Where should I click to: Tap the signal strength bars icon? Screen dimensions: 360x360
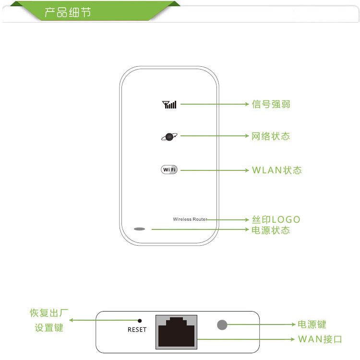click(x=169, y=104)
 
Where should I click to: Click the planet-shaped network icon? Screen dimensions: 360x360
click(x=169, y=137)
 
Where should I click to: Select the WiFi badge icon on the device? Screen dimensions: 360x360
click(x=169, y=170)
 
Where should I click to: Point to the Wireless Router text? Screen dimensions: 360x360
click(x=190, y=219)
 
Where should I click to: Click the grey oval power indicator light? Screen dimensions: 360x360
click(x=139, y=229)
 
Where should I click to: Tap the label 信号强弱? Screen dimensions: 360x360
click(x=271, y=104)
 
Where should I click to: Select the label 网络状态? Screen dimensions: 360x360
click(x=271, y=136)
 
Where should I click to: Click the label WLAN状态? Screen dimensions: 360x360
click(x=276, y=170)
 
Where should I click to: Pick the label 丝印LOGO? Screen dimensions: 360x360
click(x=276, y=219)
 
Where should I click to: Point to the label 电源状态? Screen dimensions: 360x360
click(x=271, y=230)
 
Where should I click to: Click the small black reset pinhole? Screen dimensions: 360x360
click(x=140, y=320)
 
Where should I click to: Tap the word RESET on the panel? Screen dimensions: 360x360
click(x=137, y=330)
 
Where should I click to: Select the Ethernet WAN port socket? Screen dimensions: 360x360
click(x=176, y=332)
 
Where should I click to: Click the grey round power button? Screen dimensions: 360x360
click(x=222, y=325)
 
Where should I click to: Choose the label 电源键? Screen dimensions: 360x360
click(x=312, y=325)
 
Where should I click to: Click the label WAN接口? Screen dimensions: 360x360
click(x=320, y=339)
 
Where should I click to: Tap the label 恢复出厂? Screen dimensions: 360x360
click(x=49, y=314)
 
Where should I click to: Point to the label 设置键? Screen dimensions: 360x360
click(x=49, y=328)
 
